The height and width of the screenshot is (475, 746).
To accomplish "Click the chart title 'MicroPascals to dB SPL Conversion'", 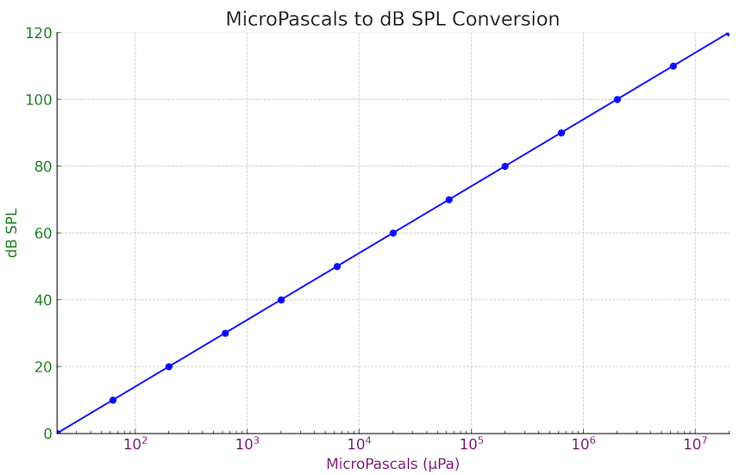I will pyautogui.click(x=392, y=19).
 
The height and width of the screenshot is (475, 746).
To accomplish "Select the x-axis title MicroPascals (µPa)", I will pyautogui.click(x=392, y=464).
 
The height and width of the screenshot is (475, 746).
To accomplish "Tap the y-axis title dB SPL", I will pyautogui.click(x=12, y=233).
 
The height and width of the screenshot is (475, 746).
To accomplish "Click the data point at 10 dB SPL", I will pyautogui.click(x=113, y=400).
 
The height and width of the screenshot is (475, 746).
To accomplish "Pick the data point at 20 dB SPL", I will pyautogui.click(x=169, y=366).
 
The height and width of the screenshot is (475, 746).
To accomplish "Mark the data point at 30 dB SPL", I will pyautogui.click(x=225, y=333).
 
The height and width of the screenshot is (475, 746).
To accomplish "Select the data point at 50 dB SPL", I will pyautogui.click(x=337, y=266).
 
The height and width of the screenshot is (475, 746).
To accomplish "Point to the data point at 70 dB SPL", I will pyautogui.click(x=449, y=199).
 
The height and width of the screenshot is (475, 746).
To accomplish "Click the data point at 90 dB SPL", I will pyautogui.click(x=561, y=133).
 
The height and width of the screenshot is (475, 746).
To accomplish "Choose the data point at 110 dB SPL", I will pyautogui.click(x=674, y=66).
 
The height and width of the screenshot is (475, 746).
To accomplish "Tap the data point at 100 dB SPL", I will pyautogui.click(x=617, y=99).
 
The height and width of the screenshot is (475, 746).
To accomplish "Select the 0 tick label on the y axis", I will pyautogui.click(x=48, y=434).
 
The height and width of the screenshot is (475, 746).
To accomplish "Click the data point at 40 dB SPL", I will pyautogui.click(x=281, y=300).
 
